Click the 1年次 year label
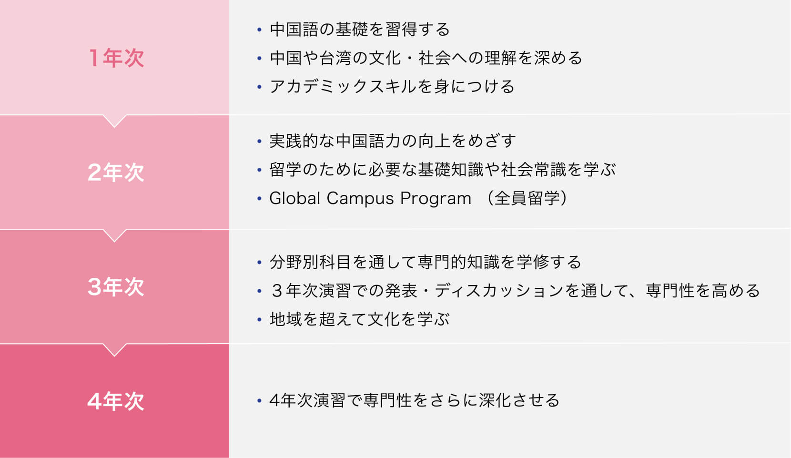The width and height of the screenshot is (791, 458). (116, 58)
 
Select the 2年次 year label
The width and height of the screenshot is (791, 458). (116, 173)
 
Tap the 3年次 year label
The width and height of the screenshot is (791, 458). (116, 286)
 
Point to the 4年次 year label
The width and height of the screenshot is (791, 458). (116, 401)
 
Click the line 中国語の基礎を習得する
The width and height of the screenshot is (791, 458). (360, 29)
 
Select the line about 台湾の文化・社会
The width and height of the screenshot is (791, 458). (426, 58)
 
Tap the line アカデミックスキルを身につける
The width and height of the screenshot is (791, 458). (392, 87)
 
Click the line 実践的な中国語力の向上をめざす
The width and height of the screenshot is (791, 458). (393, 141)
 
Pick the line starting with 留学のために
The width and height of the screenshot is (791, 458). (443, 170)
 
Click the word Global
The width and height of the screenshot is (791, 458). (295, 198)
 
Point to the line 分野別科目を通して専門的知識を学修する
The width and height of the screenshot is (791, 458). (426, 262)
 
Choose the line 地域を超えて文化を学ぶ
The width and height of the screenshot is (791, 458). (359, 319)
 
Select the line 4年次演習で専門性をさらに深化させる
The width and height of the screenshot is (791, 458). (415, 400)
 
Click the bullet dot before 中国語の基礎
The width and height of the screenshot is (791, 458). (260, 29)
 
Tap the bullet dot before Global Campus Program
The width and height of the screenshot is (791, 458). (260, 198)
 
